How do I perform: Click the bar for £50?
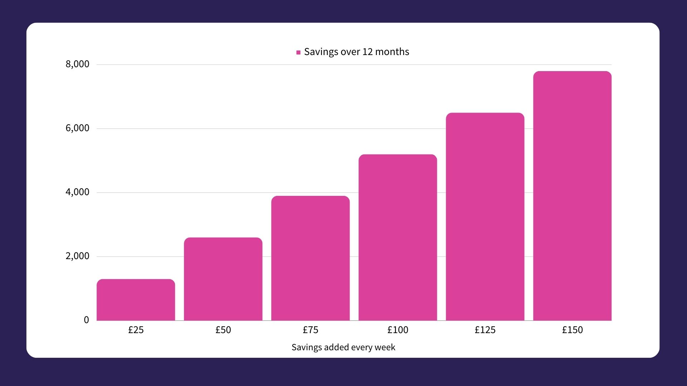[x=223, y=279]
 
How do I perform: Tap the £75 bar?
[x=310, y=258]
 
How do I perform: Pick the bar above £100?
[x=398, y=237]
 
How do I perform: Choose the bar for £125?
[x=485, y=217]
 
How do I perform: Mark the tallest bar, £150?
[x=572, y=196]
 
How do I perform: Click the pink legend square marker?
[x=298, y=53]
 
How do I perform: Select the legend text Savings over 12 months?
[x=356, y=52]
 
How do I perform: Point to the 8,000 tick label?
[x=77, y=64]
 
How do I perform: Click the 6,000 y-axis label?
[x=77, y=128]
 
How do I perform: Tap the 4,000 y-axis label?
[x=77, y=192]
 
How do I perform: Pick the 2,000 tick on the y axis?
[x=77, y=256]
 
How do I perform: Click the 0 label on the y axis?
[x=86, y=320]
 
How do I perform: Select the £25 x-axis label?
[x=136, y=330]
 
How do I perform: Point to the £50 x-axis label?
[x=223, y=330]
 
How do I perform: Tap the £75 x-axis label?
[x=311, y=330]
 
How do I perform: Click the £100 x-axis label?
[x=398, y=330]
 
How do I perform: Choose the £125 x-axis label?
[x=485, y=330]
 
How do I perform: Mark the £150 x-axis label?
[x=572, y=330]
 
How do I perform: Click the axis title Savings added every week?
[x=343, y=347]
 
